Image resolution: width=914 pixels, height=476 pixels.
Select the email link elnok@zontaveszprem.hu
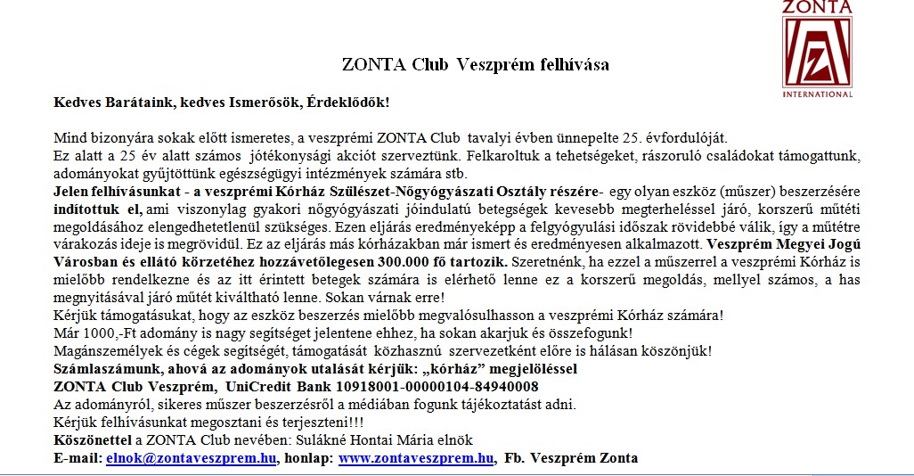click(x=191, y=459)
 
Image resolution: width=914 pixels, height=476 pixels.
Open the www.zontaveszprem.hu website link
click(x=416, y=459)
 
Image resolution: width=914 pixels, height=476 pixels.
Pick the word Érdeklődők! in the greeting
click(x=347, y=103)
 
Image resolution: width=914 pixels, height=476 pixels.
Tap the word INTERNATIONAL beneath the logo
click(x=817, y=93)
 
